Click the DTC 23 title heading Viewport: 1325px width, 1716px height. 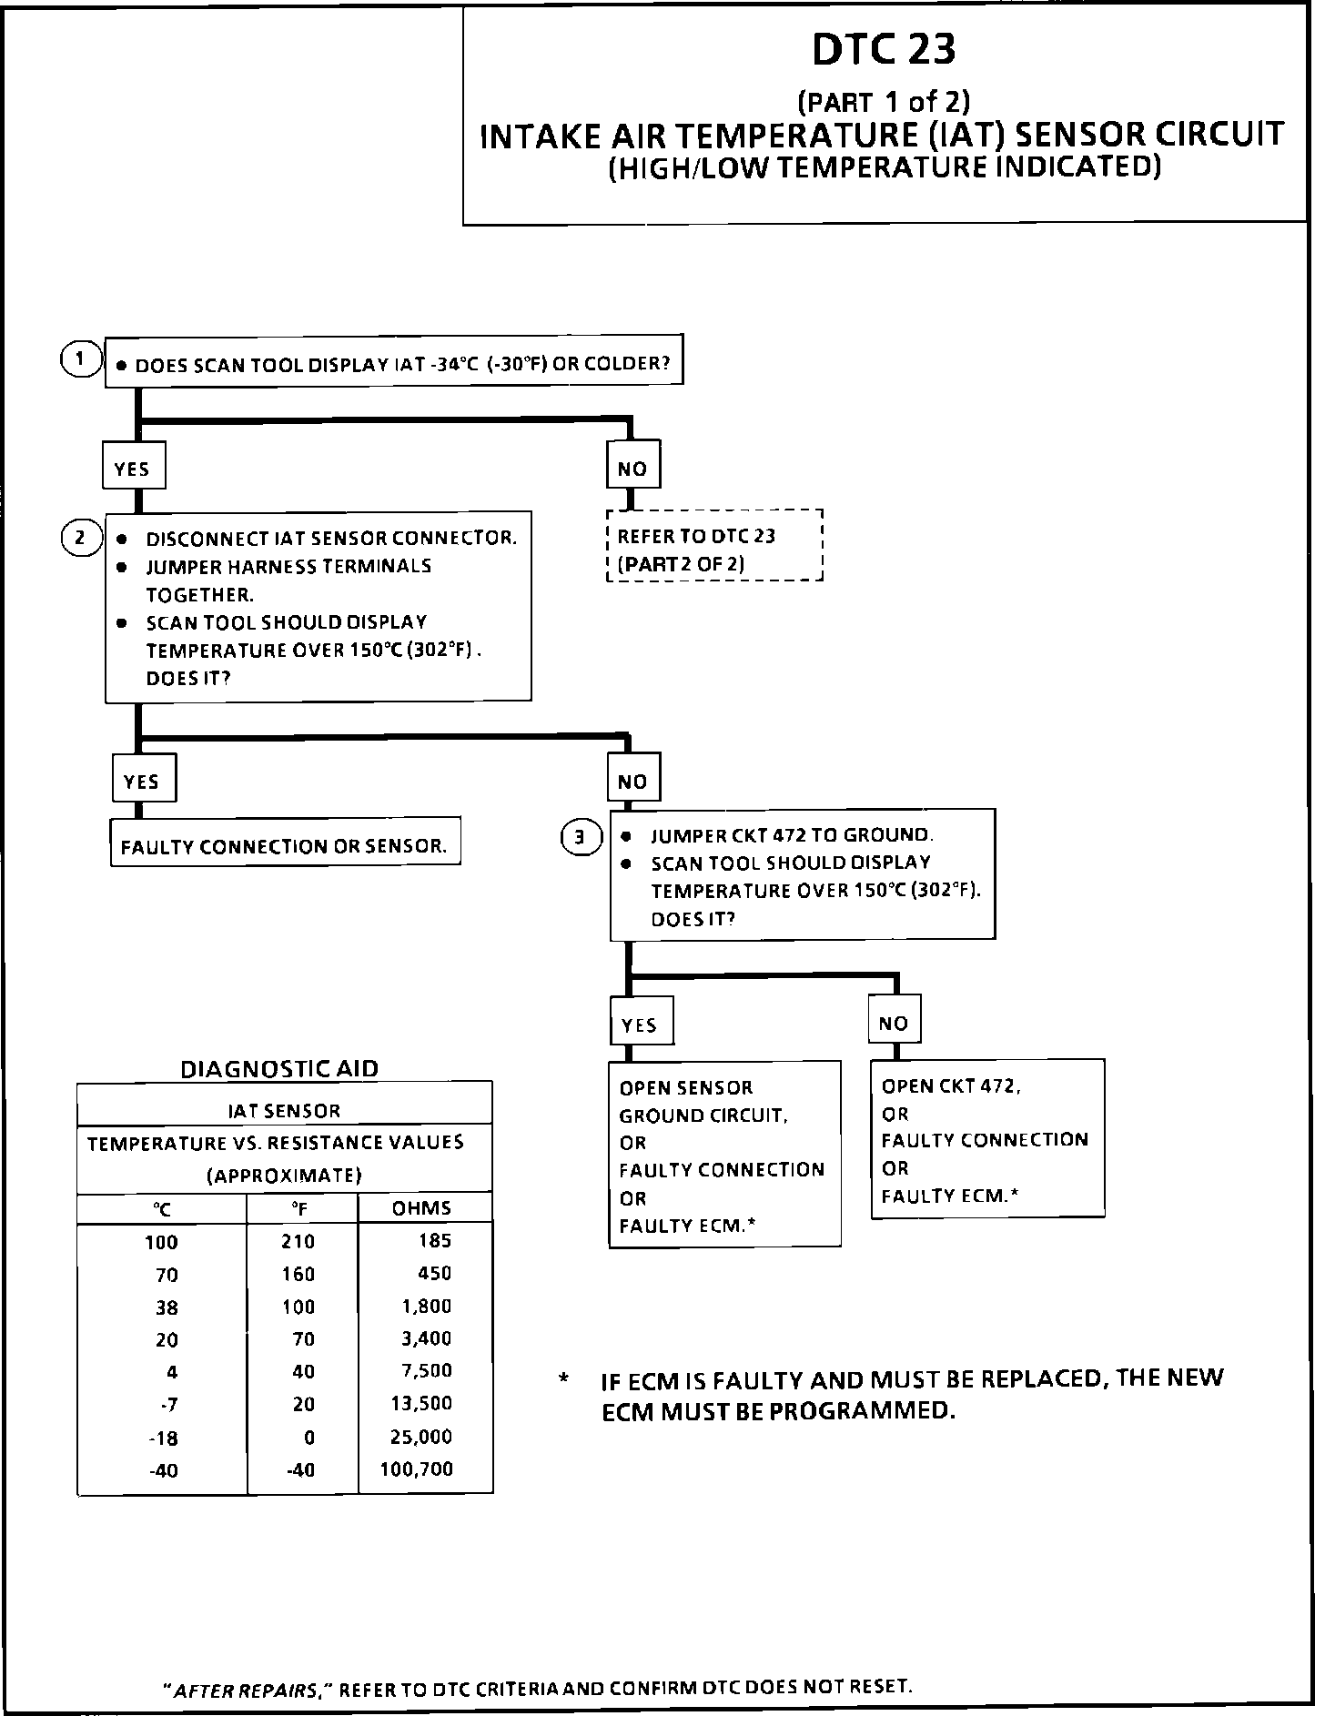click(884, 51)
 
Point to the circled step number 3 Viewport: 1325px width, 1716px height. click(581, 836)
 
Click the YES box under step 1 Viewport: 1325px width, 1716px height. click(132, 469)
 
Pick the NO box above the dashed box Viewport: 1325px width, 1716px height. click(632, 469)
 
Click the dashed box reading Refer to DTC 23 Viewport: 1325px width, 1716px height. click(714, 546)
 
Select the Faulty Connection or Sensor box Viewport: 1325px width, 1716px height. click(285, 845)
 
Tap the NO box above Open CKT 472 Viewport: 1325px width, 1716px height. click(894, 1023)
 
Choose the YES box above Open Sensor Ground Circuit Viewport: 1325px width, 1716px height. click(639, 1025)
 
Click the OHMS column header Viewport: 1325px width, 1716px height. click(421, 1208)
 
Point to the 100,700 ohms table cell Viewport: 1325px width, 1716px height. click(416, 1469)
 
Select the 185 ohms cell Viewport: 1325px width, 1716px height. click(435, 1241)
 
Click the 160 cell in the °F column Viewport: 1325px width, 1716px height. click(298, 1274)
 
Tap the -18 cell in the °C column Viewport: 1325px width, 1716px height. click(164, 1438)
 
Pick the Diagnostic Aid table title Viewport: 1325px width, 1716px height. click(279, 1068)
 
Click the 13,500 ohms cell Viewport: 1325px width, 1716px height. click(421, 1404)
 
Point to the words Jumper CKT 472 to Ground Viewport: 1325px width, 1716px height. click(792, 835)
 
